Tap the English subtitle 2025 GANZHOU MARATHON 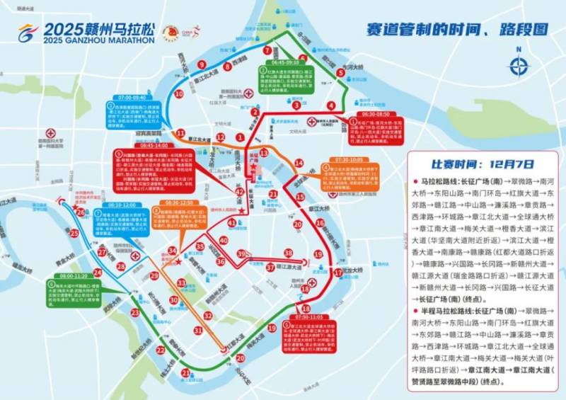tap(98, 40)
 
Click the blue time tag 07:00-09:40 tap(132, 98)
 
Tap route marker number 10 tap(179, 93)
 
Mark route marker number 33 tap(182, 282)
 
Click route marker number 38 tap(288, 253)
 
